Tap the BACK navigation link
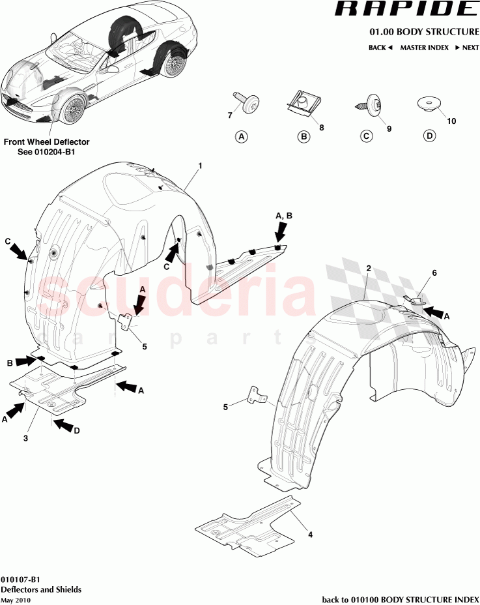coord(380,48)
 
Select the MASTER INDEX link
coord(425,48)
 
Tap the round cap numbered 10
coord(428,104)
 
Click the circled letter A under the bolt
coord(242,137)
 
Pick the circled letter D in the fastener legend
coord(429,136)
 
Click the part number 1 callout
coord(200,166)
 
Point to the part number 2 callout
coord(369,269)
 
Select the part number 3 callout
coord(25,439)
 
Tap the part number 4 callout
coord(310,535)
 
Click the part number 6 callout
coord(417,273)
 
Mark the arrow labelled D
coord(64,426)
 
